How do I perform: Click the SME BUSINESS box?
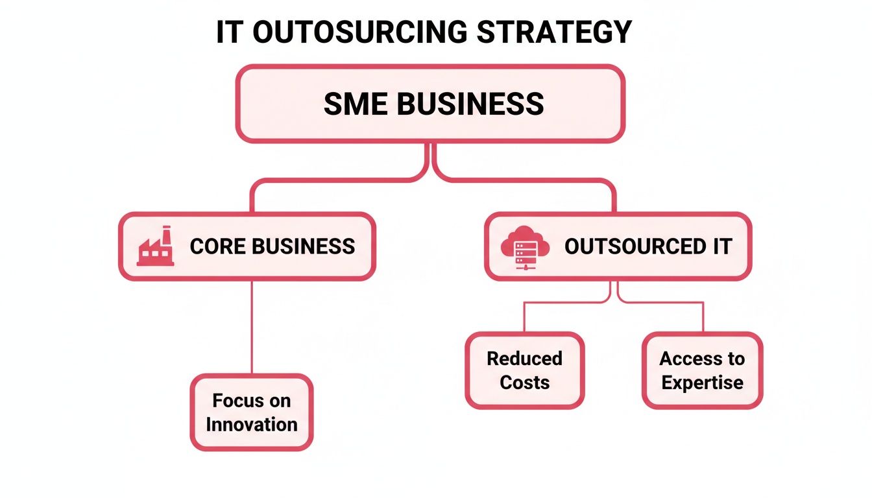click(430, 104)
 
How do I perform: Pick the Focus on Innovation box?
click(252, 412)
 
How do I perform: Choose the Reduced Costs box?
click(524, 370)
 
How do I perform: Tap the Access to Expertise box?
click(702, 370)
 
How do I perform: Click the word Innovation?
click(252, 425)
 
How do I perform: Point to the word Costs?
click(524, 383)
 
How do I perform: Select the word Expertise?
click(702, 383)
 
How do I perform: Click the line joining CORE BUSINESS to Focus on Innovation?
click(252, 327)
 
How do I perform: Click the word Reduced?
click(524, 359)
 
